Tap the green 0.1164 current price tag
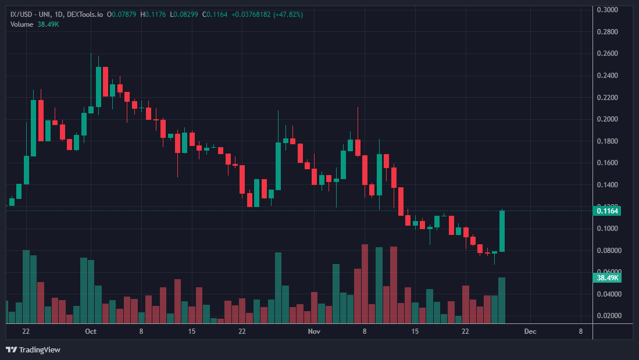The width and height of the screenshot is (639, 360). pos(608,211)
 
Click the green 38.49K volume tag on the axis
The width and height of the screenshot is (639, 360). pos(608,278)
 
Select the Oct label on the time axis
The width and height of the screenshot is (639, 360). pos(90,332)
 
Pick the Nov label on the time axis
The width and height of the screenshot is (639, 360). pos(314,332)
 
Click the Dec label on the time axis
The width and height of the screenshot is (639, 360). pos(530,332)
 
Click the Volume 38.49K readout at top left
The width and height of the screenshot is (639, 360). pos(31,24)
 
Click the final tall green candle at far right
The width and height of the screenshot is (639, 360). pos(502,231)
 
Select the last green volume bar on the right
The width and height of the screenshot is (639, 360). pos(502,300)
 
